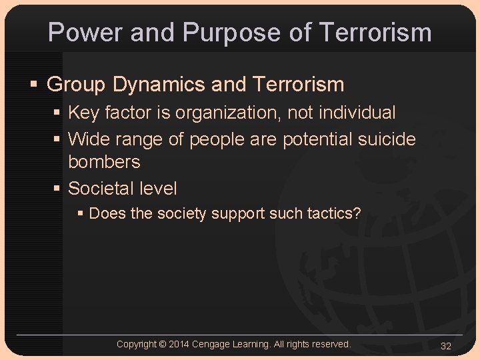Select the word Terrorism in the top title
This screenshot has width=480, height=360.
tap(375, 32)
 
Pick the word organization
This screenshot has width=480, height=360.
tap(228, 113)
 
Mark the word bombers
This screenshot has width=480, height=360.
tap(104, 162)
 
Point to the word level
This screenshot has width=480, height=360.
tap(160, 189)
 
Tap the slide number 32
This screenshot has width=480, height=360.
tap(446, 346)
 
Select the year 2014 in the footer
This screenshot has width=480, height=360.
tap(179, 345)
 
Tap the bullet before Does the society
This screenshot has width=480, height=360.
tap(80, 214)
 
